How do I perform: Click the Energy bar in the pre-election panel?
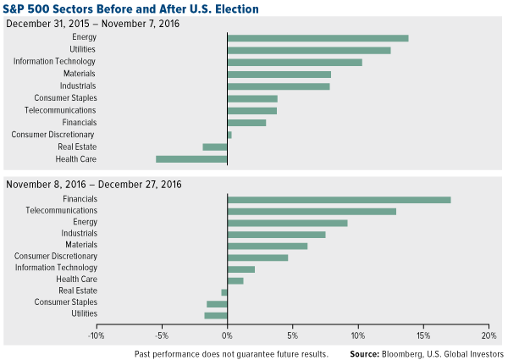(317, 38)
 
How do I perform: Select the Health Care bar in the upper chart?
(191, 158)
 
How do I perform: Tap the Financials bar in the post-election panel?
(339, 199)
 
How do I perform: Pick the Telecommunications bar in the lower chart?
(312, 211)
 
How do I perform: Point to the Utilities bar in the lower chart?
(216, 315)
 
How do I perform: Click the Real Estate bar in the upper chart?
(215, 147)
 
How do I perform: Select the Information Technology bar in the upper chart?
(295, 62)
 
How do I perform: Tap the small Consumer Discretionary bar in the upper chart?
(229, 135)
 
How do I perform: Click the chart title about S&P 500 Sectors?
(131, 8)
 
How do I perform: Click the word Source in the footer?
(368, 352)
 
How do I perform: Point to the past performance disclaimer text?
(230, 352)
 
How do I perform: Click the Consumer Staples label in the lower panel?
(65, 302)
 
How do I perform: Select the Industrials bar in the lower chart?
(276, 234)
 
